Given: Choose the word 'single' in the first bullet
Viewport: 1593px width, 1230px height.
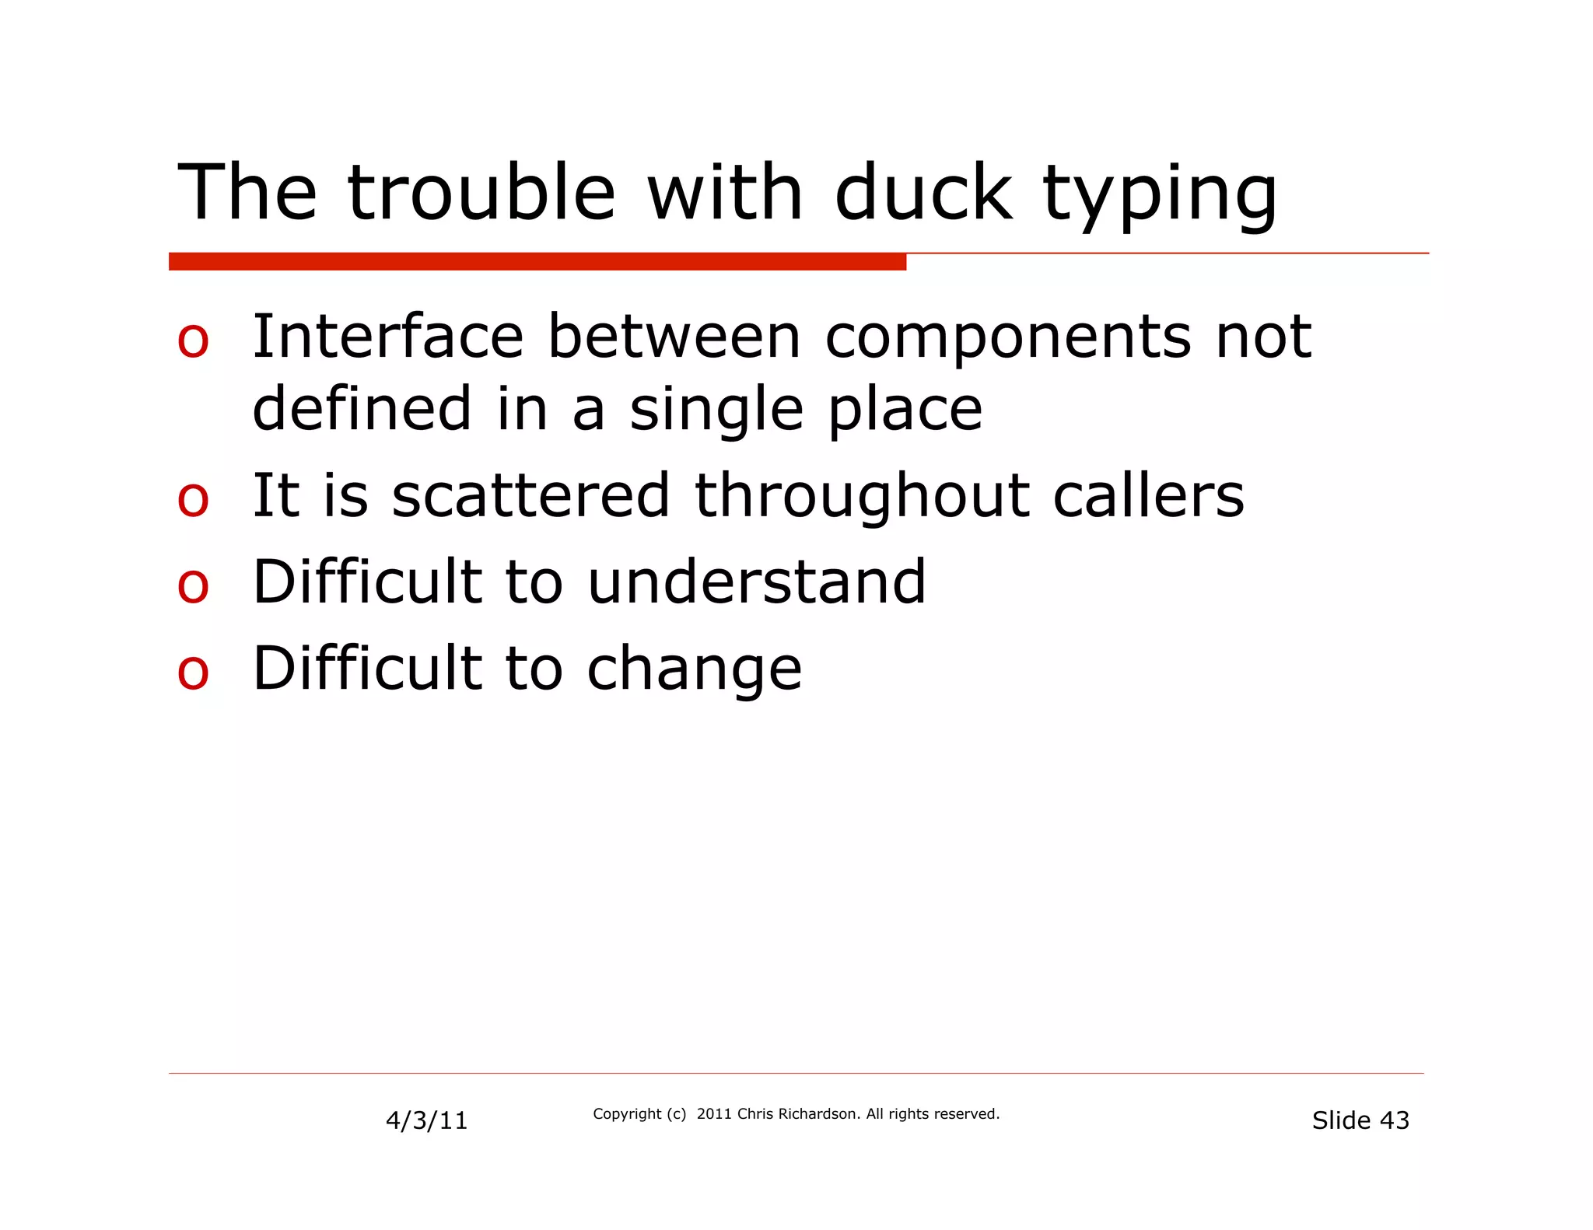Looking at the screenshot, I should (x=716, y=411).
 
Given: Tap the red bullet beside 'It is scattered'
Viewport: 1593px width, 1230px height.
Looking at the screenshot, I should (x=193, y=499).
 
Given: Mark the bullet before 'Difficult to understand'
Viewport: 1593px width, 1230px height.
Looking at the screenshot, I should (x=193, y=586).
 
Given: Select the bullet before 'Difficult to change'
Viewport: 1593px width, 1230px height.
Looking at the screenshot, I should (x=193, y=673).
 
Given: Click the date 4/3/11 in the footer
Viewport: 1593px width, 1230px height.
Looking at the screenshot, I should (x=426, y=1120).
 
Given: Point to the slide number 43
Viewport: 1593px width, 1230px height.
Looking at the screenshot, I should (x=1394, y=1120).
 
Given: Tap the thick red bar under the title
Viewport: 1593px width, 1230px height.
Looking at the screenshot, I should (x=537, y=261).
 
